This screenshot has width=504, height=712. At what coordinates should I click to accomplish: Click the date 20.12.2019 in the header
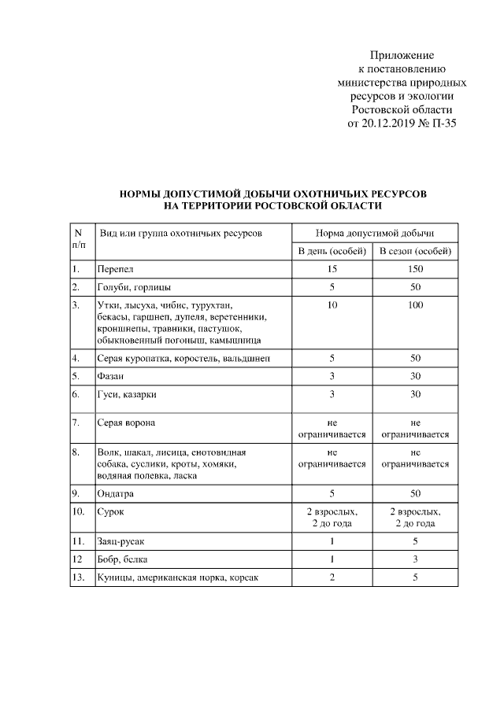coord(389,124)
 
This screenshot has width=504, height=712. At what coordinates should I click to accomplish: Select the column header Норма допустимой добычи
coord(374,233)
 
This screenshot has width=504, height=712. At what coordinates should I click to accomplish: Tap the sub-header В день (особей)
coord(332,252)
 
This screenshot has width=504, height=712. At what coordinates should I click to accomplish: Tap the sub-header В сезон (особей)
coord(415,252)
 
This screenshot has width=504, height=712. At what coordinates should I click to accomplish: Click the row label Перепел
coord(116,270)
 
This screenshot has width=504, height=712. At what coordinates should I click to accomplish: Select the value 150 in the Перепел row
coord(415,270)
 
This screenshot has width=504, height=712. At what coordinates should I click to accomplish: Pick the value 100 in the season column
coord(415,304)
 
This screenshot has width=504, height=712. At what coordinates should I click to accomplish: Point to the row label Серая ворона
coord(126,422)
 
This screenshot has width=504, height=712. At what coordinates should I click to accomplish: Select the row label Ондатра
coord(116,494)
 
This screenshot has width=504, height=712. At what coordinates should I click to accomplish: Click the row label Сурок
coord(111,512)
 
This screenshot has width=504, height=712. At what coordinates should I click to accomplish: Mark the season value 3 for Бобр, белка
coord(415,559)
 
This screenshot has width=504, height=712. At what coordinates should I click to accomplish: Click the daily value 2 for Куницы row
coord(332,577)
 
